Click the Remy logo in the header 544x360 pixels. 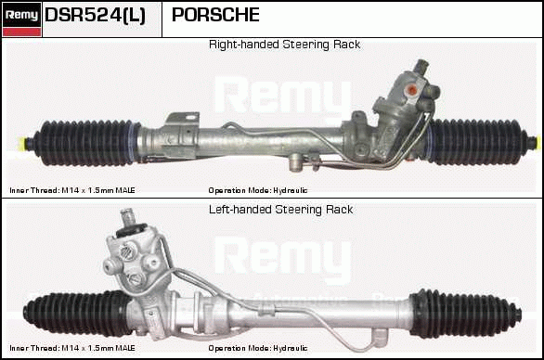(x=22, y=19)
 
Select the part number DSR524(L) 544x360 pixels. (x=95, y=15)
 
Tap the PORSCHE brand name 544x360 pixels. (x=215, y=15)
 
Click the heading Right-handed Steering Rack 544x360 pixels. (x=284, y=45)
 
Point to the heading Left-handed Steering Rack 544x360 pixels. (x=281, y=210)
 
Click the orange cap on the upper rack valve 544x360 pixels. (x=412, y=90)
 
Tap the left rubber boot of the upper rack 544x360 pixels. (x=86, y=143)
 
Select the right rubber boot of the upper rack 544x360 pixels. (x=478, y=142)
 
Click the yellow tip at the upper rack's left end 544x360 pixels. (x=23, y=142)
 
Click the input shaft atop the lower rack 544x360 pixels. (x=127, y=218)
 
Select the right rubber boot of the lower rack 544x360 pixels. (x=465, y=314)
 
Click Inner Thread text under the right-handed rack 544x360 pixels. (x=72, y=190)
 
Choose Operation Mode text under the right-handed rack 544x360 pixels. (x=258, y=190)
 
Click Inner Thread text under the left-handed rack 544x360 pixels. (x=72, y=348)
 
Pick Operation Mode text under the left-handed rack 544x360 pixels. (x=258, y=348)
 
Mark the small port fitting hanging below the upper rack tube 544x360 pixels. (x=295, y=161)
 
